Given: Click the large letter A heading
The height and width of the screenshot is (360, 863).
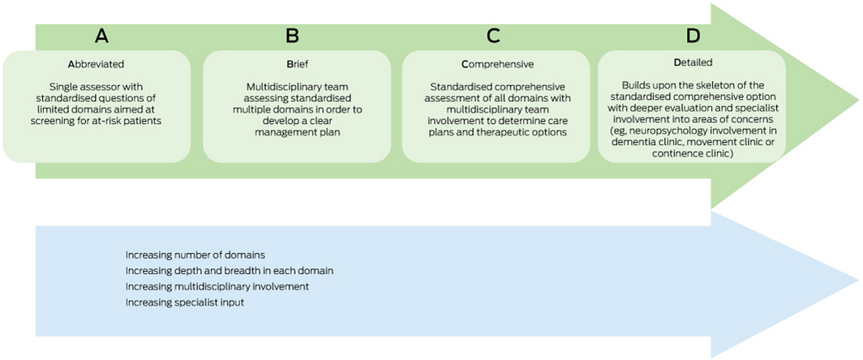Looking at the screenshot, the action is pos(102,36).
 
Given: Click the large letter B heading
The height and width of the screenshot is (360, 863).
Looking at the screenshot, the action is pos(293,36).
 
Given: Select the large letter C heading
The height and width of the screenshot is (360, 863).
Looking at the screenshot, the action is pos(494,36).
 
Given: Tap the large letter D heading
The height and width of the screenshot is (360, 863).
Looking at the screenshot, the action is pos(693,36).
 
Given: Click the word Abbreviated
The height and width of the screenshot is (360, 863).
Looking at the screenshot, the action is pos(97,64).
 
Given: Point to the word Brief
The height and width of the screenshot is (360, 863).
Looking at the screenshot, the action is pos(297,64).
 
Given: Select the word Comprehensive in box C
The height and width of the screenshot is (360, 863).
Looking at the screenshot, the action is pos(497,64).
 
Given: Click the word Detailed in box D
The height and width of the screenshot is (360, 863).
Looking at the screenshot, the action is pos(693,62).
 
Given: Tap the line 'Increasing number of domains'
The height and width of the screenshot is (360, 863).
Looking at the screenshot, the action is pos(196,255).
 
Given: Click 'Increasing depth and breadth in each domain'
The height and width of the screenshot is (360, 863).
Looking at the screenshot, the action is pos(230,271).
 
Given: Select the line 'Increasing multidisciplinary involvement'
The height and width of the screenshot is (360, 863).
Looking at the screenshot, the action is pos(217,287).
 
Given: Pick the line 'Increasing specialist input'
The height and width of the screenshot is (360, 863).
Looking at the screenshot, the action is pos(185,302).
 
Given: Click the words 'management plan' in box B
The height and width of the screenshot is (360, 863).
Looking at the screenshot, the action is pos(297,132).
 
